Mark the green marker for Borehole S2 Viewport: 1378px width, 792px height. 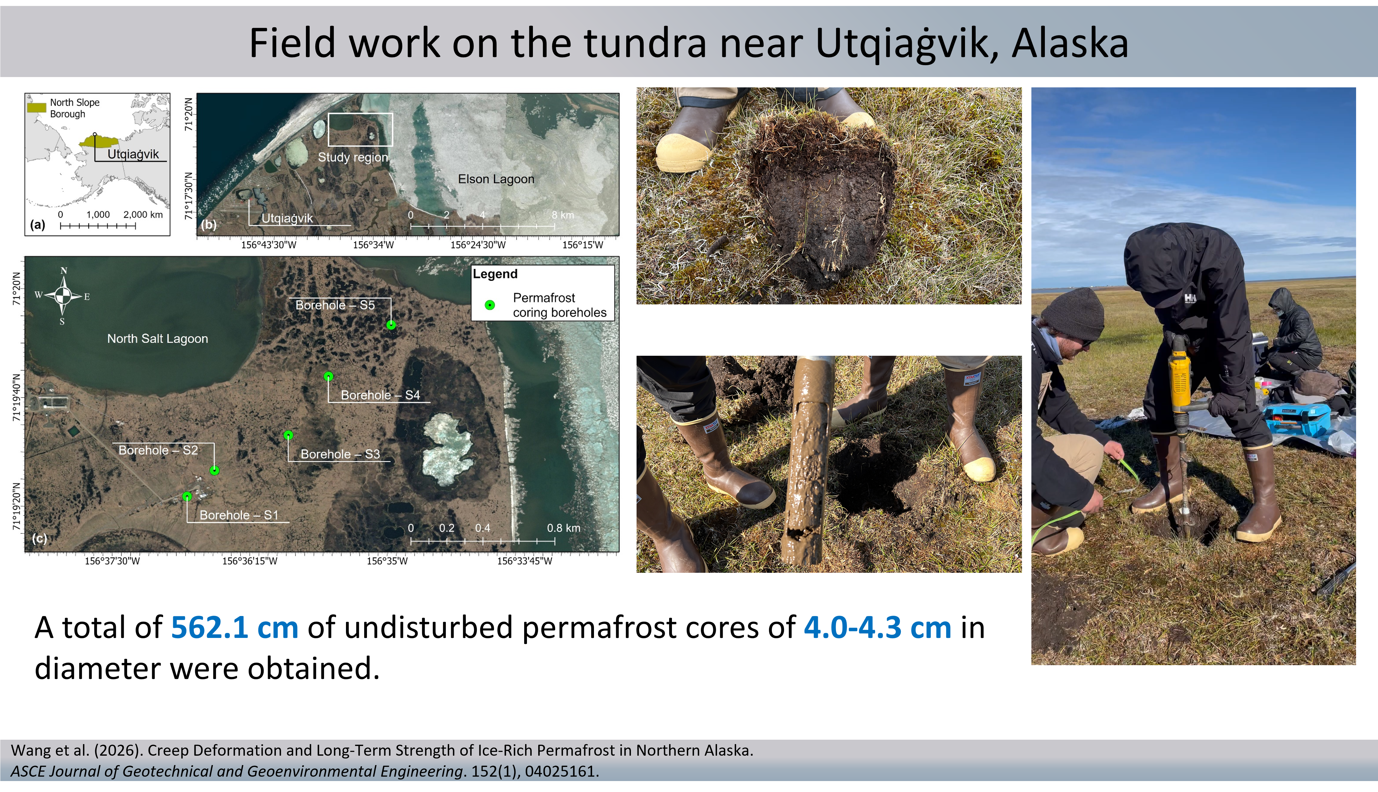[215, 470]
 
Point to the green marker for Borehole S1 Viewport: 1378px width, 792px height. [187, 496]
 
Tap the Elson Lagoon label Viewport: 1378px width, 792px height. [496, 179]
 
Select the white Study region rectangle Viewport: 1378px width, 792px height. [360, 129]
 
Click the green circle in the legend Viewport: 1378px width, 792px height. [490, 305]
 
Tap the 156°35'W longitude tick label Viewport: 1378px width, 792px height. [387, 561]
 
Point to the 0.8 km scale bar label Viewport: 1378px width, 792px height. [563, 528]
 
